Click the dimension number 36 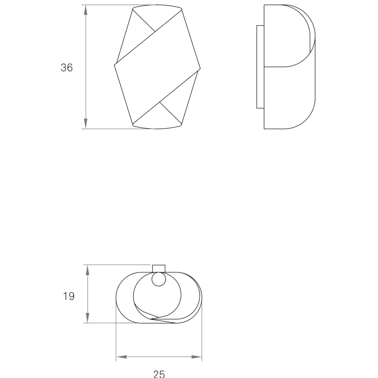67,67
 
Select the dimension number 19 69,296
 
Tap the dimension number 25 159,373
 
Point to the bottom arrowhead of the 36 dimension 86,124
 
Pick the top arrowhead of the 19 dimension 87,270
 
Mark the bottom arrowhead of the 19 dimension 87,318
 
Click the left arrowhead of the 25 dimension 122,357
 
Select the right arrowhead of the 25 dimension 196,357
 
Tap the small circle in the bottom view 159,279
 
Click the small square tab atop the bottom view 159,268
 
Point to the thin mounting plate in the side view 260,66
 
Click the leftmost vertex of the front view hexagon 115,65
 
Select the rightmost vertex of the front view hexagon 200,69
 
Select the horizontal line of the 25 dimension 159,357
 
